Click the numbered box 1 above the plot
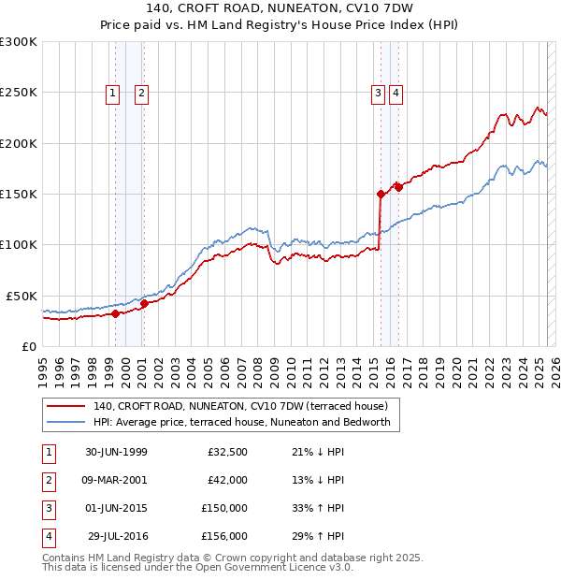(x=112, y=93)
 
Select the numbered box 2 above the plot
(x=140, y=93)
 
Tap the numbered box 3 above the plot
(x=378, y=93)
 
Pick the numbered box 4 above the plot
(x=396, y=93)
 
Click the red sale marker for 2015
(x=381, y=195)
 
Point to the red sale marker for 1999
(x=116, y=313)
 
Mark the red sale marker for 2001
(x=144, y=304)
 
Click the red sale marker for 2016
(x=399, y=187)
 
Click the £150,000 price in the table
(x=224, y=510)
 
